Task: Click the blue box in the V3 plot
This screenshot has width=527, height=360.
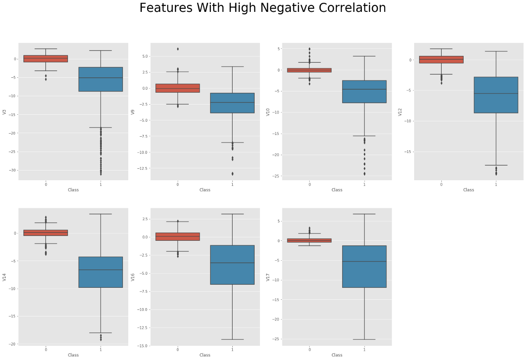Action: [101, 79]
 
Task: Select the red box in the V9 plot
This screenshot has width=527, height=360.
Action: [177, 88]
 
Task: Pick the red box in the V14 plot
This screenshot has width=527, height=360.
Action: [46, 233]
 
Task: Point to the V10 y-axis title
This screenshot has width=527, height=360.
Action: [268, 112]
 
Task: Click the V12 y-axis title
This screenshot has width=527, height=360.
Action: [400, 112]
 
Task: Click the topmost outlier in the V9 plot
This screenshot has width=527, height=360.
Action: [177, 49]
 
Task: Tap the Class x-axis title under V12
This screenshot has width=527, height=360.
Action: [469, 190]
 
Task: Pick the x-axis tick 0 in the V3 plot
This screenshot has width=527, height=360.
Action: [46, 184]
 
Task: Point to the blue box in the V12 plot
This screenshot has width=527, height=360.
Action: [496, 95]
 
